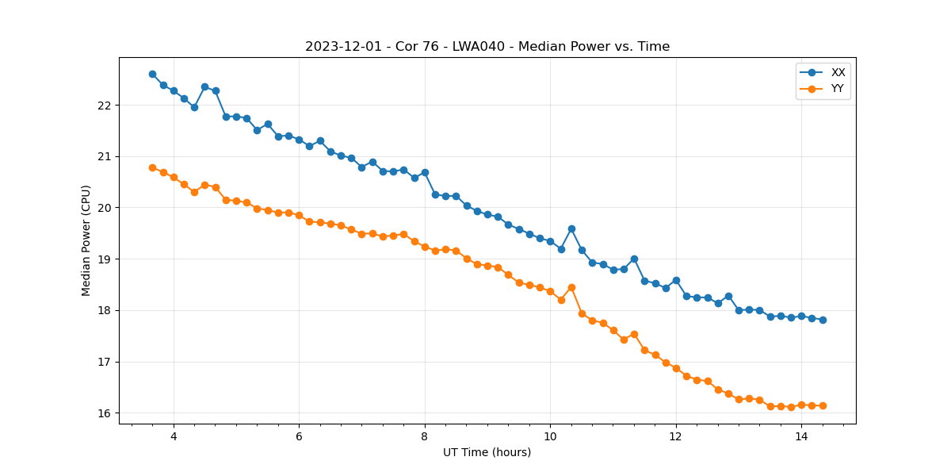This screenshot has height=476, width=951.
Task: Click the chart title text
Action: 487,47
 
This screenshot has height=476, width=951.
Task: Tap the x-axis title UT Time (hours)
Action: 487,452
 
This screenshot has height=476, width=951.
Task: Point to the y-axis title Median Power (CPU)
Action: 86,240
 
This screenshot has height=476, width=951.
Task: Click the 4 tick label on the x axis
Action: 174,436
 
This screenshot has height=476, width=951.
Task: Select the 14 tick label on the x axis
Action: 801,436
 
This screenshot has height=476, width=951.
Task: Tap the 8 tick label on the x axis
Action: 425,436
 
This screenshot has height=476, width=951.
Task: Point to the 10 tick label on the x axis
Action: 550,436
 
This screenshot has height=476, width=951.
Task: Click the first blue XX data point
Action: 152,74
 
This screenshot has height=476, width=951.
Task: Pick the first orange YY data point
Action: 152,167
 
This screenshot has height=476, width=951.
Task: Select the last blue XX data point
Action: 823,320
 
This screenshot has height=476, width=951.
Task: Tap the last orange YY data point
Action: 823,405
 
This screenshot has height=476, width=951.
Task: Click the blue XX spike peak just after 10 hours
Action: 571,228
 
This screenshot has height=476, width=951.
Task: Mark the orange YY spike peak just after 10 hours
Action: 571,287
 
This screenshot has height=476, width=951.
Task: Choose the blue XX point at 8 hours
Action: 425,172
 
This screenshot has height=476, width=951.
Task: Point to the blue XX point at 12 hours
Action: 676,280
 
